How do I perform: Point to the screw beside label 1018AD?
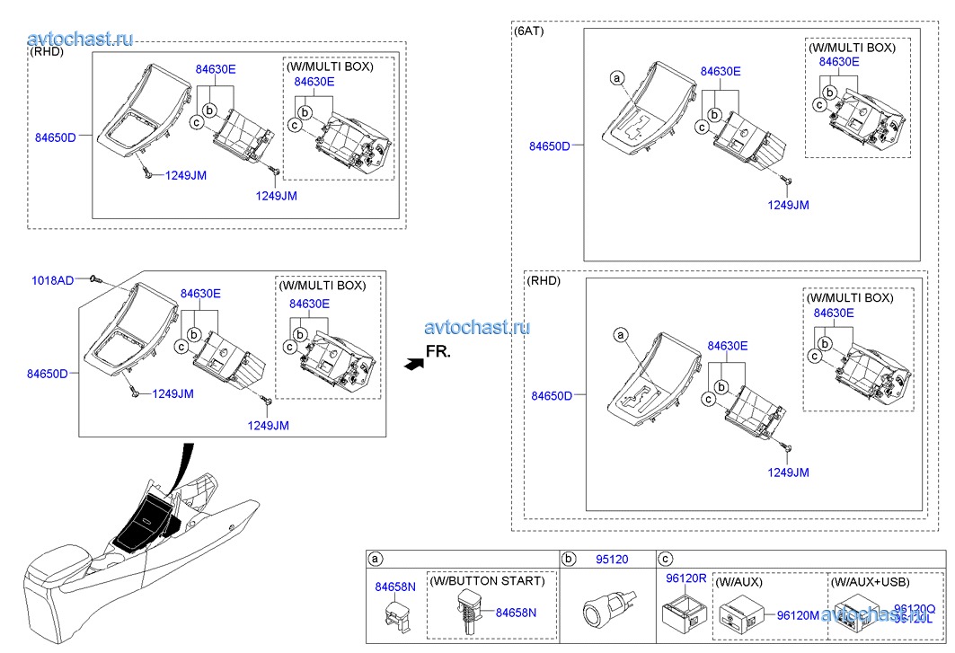tap(96, 280)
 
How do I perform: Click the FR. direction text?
tap(438, 351)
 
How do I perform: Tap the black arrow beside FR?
tap(412, 363)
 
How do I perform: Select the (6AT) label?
tap(528, 31)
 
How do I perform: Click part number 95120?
tap(612, 559)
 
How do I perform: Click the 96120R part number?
tap(685, 578)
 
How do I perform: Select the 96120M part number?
tap(798, 615)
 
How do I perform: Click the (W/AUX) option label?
tap(739, 582)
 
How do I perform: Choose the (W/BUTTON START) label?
tap(487, 581)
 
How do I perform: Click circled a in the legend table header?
tap(376, 559)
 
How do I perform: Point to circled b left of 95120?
tap(569, 559)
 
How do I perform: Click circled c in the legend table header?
tap(666, 559)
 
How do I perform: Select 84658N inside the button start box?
tap(516, 613)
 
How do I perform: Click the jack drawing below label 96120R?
tap(682, 615)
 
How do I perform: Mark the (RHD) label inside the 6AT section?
tap(544, 280)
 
